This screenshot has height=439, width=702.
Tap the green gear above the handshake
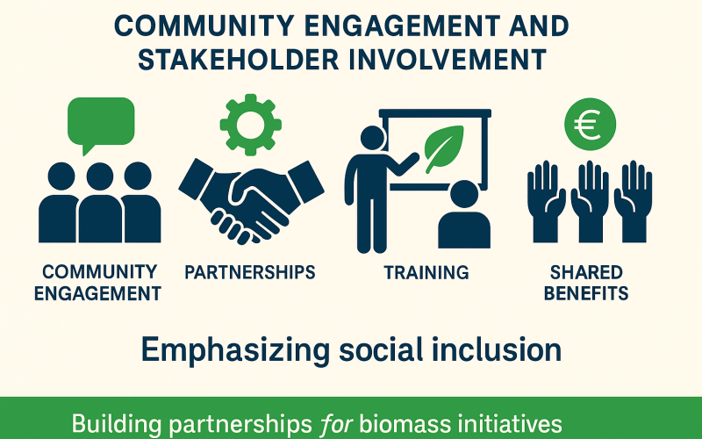pyautogui.click(x=249, y=124)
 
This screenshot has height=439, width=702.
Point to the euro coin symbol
pyautogui.click(x=589, y=123)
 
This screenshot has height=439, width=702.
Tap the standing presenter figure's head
pyautogui.click(x=372, y=138)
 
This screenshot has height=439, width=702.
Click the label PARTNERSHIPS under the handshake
pyautogui.click(x=250, y=272)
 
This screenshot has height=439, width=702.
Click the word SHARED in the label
pyautogui.click(x=586, y=272)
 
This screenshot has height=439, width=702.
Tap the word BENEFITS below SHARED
pyautogui.click(x=586, y=293)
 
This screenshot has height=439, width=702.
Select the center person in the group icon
pyautogui.click(x=99, y=202)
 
